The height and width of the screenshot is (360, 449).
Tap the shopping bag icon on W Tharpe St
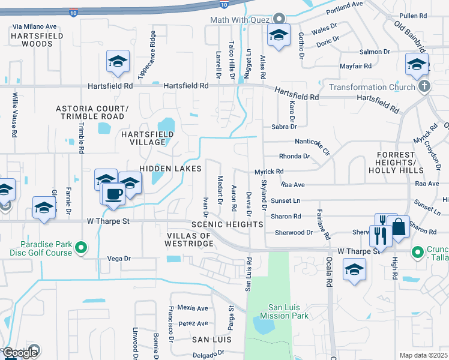point(397,227)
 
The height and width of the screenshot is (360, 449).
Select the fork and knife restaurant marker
point(381,235)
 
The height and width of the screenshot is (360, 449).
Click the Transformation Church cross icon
point(424,86)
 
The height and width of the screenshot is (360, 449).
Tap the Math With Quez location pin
point(279,19)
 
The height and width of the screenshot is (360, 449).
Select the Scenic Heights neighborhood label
point(227,224)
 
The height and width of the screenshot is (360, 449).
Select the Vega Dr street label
point(118,259)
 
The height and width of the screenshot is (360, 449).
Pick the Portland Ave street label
point(345,8)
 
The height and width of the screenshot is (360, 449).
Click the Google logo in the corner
point(20,353)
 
